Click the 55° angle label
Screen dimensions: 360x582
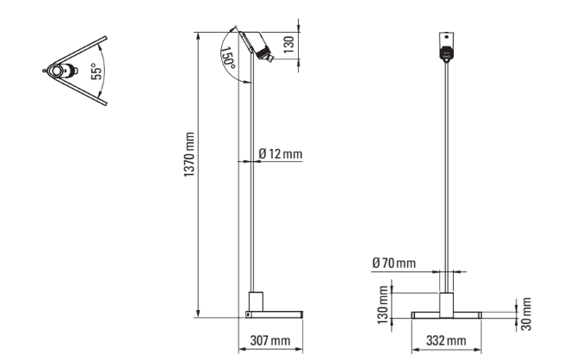pos(96,68)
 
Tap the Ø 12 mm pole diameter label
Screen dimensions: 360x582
pos(282,153)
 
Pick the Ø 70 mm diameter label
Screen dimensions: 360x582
pos(394,261)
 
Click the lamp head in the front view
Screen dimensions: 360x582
pos(446,49)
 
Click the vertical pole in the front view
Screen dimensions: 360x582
pos(446,172)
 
